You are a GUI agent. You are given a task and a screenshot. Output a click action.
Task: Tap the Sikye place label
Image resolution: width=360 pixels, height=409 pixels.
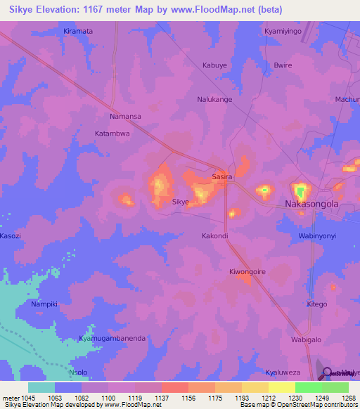[x=181, y=202]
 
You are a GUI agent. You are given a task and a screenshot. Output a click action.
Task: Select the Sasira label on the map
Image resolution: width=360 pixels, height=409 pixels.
[x=222, y=178]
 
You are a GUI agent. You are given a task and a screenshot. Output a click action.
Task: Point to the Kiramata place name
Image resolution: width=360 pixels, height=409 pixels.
[x=78, y=32]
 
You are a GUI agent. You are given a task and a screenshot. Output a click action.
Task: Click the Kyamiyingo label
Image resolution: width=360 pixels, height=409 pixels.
[x=282, y=32]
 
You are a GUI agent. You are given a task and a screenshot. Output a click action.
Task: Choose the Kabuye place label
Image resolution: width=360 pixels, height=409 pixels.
[x=215, y=65]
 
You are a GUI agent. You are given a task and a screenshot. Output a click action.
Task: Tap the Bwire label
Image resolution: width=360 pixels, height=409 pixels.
[x=283, y=65]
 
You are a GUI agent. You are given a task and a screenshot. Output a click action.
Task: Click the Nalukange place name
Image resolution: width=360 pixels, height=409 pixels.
[x=214, y=99]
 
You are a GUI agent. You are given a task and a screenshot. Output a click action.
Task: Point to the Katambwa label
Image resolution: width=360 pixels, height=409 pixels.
[x=112, y=133]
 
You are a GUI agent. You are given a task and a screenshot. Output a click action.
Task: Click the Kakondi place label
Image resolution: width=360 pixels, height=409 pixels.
[x=215, y=235]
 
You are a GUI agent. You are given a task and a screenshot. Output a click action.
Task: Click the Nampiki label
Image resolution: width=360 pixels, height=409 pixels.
[x=48, y=304]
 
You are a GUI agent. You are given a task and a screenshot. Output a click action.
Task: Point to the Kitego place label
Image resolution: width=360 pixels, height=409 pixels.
[x=317, y=304]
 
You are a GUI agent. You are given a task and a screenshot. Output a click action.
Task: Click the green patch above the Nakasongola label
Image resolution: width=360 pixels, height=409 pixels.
[x=301, y=190]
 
